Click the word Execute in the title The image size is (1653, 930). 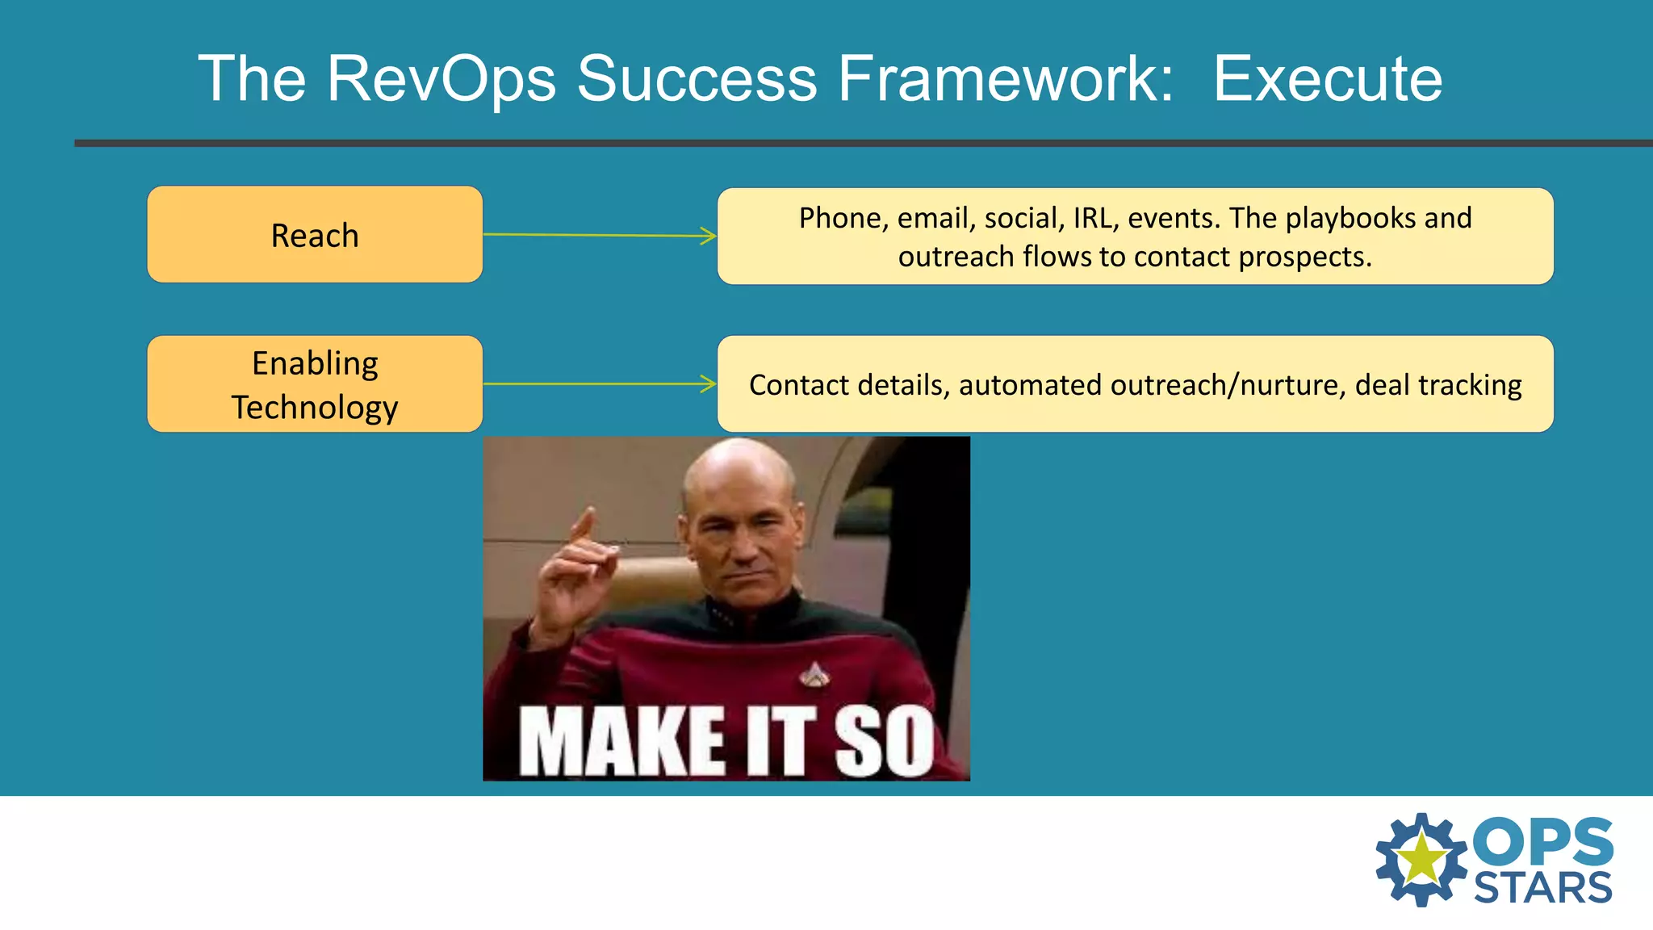1327,79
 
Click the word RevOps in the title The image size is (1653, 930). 441,79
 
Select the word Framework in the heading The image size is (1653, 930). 1005,79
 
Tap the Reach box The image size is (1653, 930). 315,235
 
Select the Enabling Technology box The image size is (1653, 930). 315,384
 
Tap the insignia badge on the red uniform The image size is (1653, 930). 814,674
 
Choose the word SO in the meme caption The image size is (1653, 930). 884,741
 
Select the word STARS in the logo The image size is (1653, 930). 1542,888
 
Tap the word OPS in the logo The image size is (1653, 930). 1542,842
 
